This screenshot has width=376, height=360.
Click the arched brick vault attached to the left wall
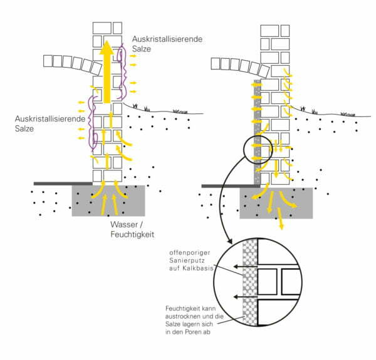click(69, 64)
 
